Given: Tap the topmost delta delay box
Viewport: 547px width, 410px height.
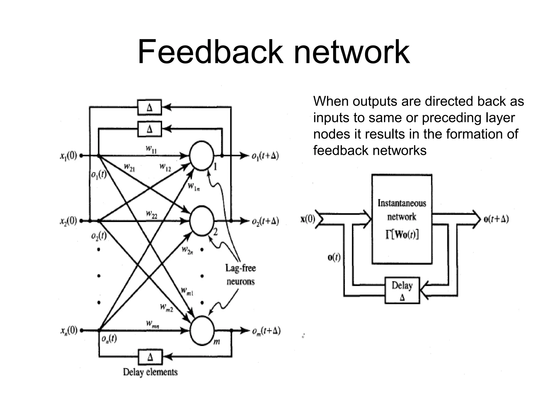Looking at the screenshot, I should (150, 107).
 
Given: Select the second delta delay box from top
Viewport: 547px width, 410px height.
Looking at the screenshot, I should (150, 129).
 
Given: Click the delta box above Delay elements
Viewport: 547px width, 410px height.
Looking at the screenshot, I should (150, 357).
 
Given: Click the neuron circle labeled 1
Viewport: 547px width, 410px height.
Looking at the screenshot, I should (202, 156).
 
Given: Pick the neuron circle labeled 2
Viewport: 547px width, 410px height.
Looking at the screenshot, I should (202, 221).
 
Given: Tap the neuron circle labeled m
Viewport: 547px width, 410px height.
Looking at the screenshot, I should (202, 330).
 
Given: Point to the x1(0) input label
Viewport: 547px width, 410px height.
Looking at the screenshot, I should (68, 155).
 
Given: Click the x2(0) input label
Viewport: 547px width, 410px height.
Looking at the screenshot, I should (68, 221).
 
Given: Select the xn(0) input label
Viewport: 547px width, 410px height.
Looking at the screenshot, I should (68, 330).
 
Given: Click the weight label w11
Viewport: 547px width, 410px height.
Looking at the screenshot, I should (151, 149).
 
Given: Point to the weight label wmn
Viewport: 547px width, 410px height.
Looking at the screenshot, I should (153, 324).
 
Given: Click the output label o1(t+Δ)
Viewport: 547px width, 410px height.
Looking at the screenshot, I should (265, 155).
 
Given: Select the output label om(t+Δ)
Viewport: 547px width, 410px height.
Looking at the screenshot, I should (266, 331).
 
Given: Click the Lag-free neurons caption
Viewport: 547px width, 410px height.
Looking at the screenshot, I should (240, 274).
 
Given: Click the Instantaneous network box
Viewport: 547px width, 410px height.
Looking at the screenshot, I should (402, 219).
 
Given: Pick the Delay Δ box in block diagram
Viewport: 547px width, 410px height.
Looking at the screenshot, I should (402, 290).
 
